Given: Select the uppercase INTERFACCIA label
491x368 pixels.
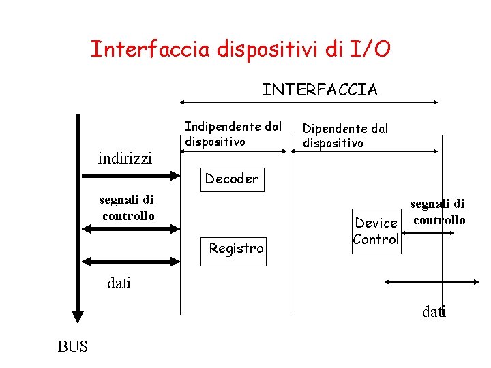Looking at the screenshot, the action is coord(320,90).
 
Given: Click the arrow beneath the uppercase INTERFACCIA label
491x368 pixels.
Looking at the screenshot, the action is coord(308,103).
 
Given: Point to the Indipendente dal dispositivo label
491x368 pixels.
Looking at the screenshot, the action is coord(233,134).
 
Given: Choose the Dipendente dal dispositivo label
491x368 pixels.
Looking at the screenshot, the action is coord(345,136).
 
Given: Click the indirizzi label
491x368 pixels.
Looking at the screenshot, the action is coord(125,159).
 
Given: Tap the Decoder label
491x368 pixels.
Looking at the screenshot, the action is coord(232,179).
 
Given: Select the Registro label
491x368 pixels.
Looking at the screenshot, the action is coord(236,249).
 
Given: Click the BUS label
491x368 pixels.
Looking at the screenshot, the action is coord(73,347).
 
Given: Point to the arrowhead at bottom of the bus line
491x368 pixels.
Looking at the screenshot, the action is coord(78,316).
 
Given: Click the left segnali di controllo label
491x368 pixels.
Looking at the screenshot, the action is coord(127,208).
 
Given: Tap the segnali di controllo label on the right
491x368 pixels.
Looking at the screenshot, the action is coord(438,212).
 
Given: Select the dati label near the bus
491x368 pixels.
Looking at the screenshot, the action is coord(119,283).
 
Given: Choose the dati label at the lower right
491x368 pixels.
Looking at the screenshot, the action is coord(434,312).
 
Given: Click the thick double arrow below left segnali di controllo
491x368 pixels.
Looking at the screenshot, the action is coord(128,228).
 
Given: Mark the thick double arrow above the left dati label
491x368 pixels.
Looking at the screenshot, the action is coord(128,261).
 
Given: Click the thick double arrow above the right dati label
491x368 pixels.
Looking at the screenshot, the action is coord(430,281).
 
